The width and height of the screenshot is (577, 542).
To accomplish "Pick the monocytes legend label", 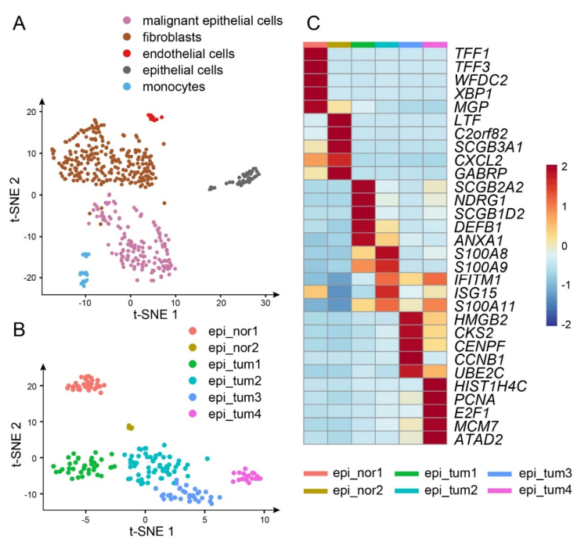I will tap(172, 87).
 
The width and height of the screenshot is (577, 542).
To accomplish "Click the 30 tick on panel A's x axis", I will tap(265, 301).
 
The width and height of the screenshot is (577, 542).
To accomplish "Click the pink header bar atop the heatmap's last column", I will tap(435, 45).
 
